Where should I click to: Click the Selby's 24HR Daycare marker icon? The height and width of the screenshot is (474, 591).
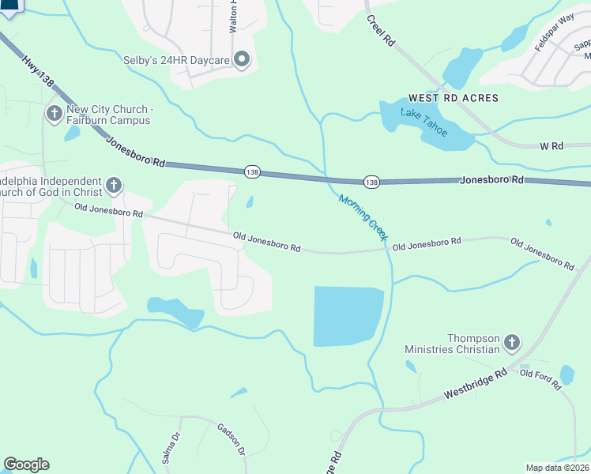point(243,59)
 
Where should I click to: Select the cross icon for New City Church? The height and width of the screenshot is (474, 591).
point(55,114)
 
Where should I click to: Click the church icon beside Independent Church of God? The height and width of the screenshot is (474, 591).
point(114,186)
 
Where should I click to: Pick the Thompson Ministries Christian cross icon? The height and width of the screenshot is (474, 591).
point(512,343)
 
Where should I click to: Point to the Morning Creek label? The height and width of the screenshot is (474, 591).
point(362,216)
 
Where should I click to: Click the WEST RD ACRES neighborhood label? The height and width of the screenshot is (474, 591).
point(454,98)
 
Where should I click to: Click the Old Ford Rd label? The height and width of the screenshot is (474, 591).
point(540,379)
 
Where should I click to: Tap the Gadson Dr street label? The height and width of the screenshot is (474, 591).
point(232,438)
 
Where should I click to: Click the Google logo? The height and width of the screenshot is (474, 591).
point(26,465)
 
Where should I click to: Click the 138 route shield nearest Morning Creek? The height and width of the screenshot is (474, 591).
point(371,182)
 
